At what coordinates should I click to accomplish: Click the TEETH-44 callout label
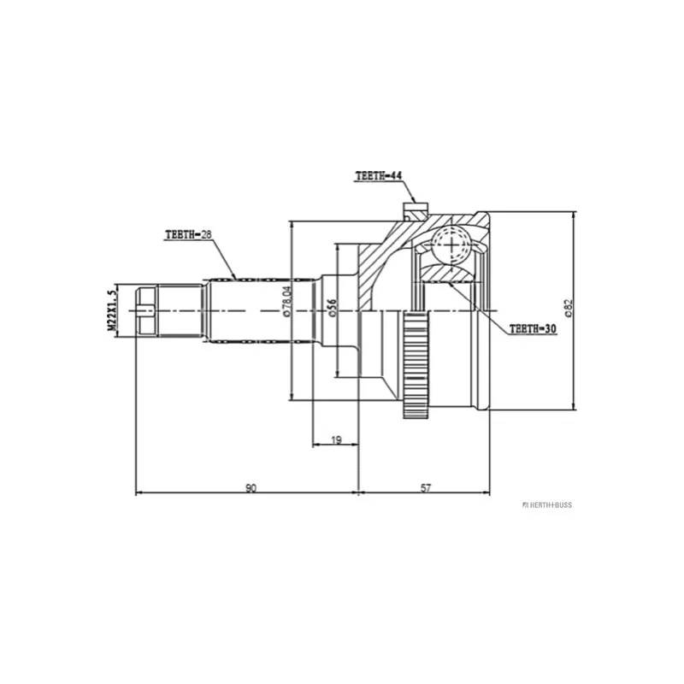point(379,176)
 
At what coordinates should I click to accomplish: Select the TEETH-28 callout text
point(188,234)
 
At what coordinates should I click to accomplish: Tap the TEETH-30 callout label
point(533,328)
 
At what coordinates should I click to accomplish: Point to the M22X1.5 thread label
point(113,310)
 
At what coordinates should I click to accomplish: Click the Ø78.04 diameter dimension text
point(286,301)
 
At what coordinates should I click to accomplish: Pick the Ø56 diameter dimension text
point(333,308)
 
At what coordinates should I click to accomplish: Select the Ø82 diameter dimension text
point(569,308)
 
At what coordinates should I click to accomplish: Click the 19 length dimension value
point(336,439)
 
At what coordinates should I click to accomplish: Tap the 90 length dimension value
point(251,487)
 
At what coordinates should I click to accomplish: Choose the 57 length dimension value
point(425,487)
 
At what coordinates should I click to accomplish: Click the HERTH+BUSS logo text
point(547,504)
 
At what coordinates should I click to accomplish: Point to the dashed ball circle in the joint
point(451,245)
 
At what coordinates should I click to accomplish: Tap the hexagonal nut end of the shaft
point(146,310)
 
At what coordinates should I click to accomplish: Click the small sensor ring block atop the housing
point(415,211)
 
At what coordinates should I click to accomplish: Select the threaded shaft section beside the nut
point(180,310)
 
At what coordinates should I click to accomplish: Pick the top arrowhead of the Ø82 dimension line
point(574,215)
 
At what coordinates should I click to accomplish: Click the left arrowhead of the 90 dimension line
point(139,493)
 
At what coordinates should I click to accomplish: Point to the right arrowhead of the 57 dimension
point(486,493)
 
